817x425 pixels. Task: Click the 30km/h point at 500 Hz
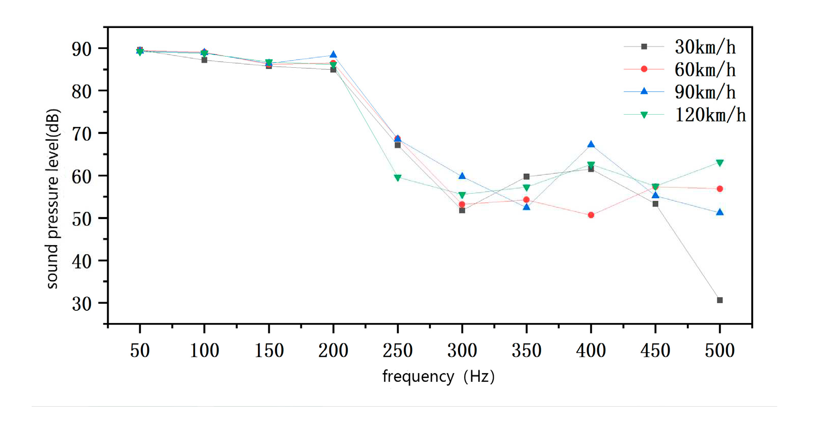720,300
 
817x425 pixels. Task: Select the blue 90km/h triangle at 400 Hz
591,145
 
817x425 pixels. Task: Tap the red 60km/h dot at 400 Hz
591,215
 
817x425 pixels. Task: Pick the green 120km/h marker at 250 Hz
398,178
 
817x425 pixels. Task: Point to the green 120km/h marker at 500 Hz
720,163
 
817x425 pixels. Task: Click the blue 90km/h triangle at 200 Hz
333,55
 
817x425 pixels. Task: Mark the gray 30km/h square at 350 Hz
526,177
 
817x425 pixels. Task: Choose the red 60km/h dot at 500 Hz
720,189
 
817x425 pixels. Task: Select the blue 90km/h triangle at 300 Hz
462,176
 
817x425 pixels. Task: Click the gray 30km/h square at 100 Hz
204,60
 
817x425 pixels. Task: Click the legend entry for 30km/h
705,47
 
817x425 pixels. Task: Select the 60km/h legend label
705,69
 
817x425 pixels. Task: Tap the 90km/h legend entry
705,92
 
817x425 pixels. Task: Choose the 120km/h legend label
710,115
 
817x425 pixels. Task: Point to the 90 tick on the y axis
82,49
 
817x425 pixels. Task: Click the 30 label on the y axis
82,304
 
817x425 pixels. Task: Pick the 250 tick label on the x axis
398,351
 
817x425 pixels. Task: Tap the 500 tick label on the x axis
720,351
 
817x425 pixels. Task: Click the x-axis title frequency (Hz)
439,377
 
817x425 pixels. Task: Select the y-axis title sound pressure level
53,199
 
